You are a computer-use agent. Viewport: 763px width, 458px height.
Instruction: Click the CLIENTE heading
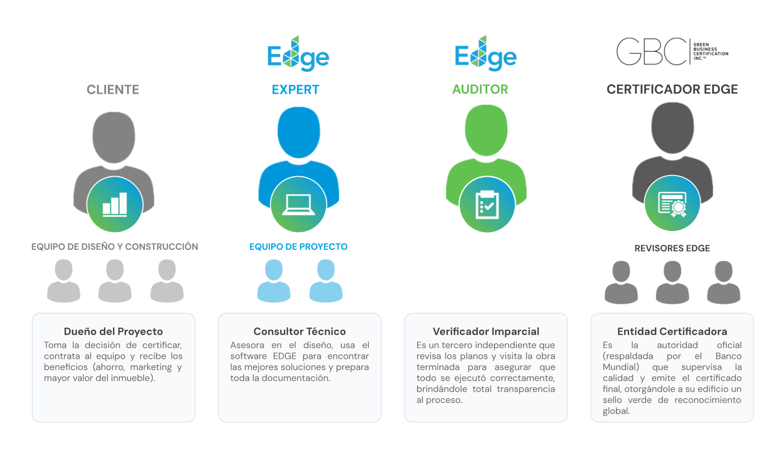[x=113, y=90]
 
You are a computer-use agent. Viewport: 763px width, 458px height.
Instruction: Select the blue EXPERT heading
[x=296, y=90]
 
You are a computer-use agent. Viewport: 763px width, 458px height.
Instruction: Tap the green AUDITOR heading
[x=480, y=89]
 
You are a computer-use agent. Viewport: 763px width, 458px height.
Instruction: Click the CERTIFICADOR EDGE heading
[x=672, y=89]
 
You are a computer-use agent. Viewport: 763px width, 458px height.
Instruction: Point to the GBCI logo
[x=672, y=51]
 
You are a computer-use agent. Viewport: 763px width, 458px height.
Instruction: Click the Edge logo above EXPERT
[x=298, y=53]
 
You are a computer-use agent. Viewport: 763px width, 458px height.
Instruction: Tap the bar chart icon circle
[x=115, y=205]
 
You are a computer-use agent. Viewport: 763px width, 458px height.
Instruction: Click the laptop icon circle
[x=299, y=205]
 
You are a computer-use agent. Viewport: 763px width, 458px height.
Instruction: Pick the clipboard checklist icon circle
[x=487, y=205]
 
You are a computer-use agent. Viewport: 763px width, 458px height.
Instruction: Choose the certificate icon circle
[x=672, y=204]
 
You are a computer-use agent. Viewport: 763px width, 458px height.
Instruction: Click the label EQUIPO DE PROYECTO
[x=299, y=247]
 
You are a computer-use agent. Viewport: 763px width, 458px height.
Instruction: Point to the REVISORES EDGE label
[x=672, y=248]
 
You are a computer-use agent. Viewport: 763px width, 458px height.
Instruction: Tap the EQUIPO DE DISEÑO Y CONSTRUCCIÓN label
[x=115, y=247]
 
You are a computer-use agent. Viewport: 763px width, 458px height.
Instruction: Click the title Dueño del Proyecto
[x=113, y=332]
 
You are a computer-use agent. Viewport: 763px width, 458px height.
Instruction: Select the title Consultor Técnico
[x=300, y=332]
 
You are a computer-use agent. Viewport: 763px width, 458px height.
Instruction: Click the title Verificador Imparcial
[x=486, y=332]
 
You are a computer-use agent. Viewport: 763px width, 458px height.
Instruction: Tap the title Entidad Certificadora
[x=672, y=332]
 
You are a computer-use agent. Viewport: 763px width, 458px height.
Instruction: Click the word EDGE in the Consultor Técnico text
[x=284, y=356]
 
